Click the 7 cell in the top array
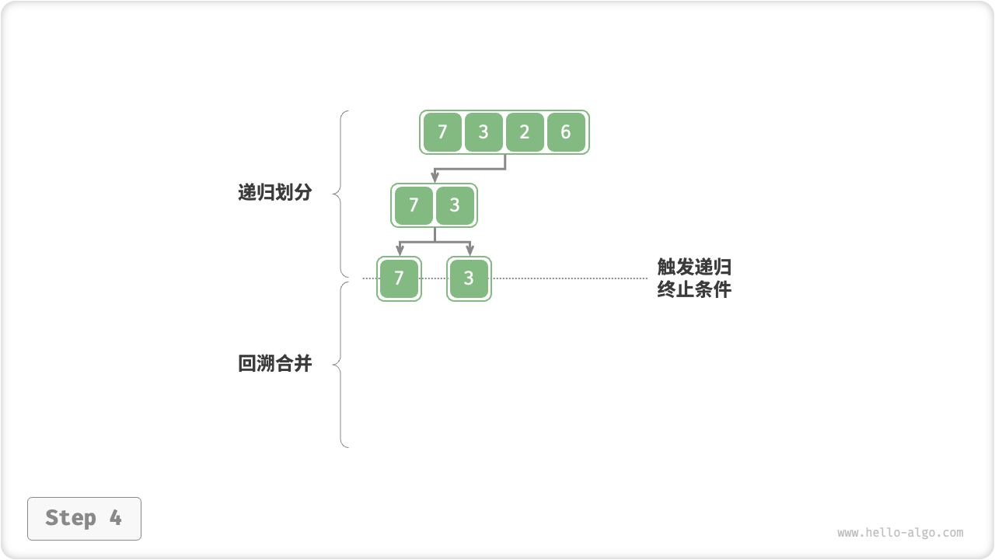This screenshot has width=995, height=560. (442, 132)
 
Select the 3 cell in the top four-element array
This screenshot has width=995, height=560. (484, 132)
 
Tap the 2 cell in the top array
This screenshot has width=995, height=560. (525, 132)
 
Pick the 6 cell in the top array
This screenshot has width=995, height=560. (566, 132)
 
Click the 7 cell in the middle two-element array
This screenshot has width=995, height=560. (414, 205)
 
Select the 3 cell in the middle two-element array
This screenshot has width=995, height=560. (455, 205)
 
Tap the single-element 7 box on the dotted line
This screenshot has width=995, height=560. (399, 278)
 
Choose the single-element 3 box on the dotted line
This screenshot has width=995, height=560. (469, 278)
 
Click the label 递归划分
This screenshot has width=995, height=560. (274, 193)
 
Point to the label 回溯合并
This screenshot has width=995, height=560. (274, 363)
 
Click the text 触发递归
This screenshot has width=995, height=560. (694, 268)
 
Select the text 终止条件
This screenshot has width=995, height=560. (694, 290)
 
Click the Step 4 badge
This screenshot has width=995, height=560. (84, 518)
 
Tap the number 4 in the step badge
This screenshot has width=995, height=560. (115, 518)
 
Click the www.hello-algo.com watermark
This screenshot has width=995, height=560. (900, 533)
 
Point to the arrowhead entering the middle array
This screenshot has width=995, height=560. (435, 179)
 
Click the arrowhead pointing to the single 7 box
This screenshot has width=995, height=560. (400, 250)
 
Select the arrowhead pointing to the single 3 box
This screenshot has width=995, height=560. (470, 250)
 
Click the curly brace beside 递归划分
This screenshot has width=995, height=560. (340, 193)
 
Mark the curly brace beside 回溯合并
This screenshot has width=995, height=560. (340, 364)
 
